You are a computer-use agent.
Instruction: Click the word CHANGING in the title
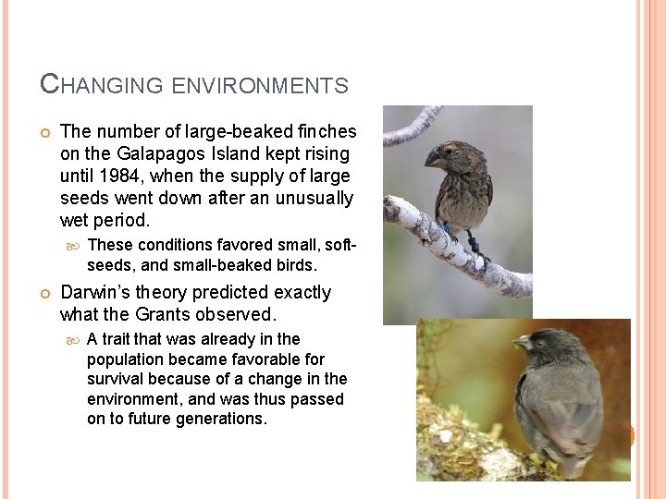tap(103, 85)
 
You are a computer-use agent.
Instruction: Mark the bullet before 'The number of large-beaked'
tap(45, 132)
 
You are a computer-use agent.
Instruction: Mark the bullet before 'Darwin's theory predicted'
tap(45, 293)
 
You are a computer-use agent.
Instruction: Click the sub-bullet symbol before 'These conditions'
tap(74, 246)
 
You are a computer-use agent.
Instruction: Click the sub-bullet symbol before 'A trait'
tap(74, 340)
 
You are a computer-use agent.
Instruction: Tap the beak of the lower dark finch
tap(520, 344)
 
